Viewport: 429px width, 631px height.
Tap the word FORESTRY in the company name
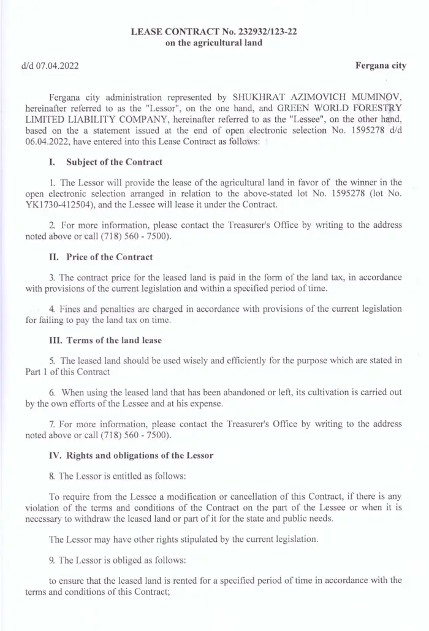point(378,109)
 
